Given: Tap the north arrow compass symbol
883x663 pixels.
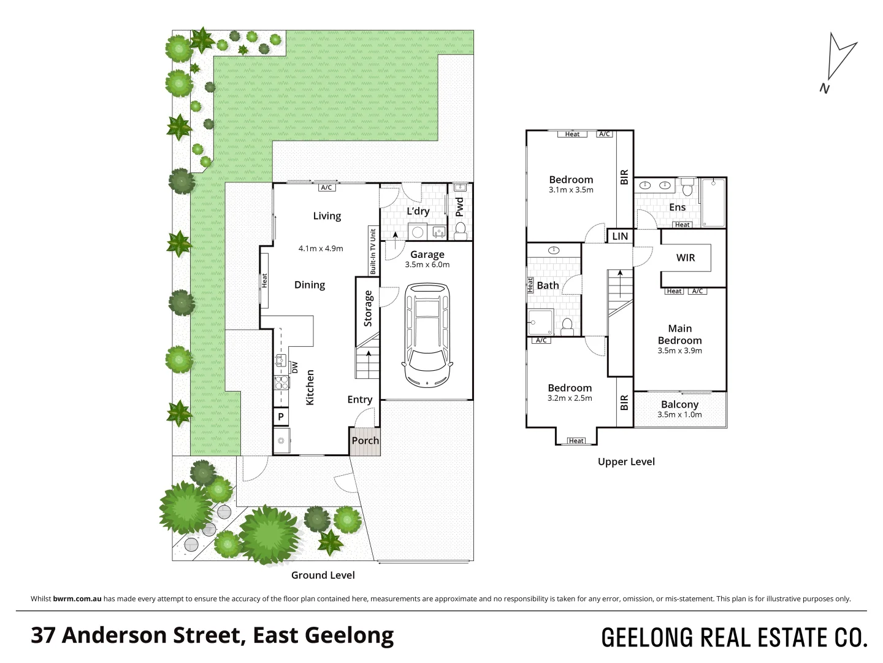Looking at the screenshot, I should click(838, 61).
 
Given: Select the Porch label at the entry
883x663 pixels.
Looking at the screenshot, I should click(365, 441).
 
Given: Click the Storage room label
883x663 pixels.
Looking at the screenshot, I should click(368, 308).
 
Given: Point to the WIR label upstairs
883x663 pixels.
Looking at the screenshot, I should click(686, 258).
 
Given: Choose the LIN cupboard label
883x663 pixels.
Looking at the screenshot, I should click(620, 236).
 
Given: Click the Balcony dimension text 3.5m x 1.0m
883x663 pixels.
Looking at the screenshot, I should click(679, 415).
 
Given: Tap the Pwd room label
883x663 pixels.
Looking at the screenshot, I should click(460, 207).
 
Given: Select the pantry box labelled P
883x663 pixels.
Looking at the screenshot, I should click(281, 417).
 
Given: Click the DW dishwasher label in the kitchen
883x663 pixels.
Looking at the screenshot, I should click(294, 368).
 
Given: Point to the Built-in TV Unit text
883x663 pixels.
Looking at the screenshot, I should click(372, 250).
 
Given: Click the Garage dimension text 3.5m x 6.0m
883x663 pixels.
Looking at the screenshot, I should click(427, 265).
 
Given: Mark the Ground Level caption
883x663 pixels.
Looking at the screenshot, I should click(323, 575).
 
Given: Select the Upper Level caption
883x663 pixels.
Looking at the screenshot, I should click(626, 462).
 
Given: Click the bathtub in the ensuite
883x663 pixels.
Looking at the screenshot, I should click(713, 203).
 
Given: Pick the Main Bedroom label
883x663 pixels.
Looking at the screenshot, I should click(679, 335).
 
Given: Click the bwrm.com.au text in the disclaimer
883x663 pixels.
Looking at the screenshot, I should click(77, 599).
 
